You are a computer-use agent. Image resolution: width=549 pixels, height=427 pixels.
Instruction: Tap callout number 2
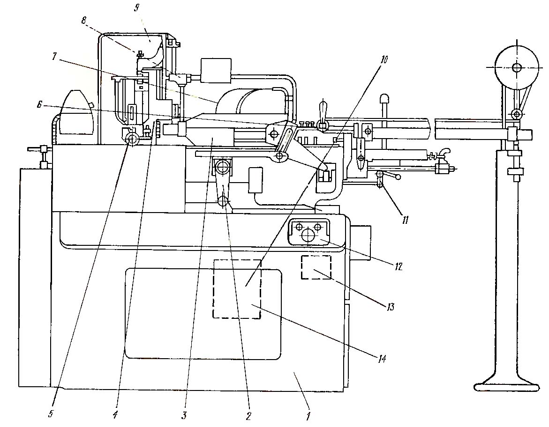click(249, 415)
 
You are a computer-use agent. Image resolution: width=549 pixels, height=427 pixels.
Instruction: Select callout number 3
click(184, 415)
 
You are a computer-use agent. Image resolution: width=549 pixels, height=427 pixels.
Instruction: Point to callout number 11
click(405, 218)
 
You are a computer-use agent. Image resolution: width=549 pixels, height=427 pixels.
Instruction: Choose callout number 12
click(399, 266)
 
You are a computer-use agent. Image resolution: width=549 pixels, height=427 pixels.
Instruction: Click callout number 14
click(382, 359)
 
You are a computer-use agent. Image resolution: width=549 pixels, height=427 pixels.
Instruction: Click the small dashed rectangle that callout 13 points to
click(316, 267)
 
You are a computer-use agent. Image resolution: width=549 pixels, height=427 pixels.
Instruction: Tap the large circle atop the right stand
click(516, 67)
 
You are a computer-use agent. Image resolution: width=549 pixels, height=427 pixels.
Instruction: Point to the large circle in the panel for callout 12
click(308, 235)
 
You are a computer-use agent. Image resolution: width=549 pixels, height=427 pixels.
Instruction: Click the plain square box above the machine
click(215, 70)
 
